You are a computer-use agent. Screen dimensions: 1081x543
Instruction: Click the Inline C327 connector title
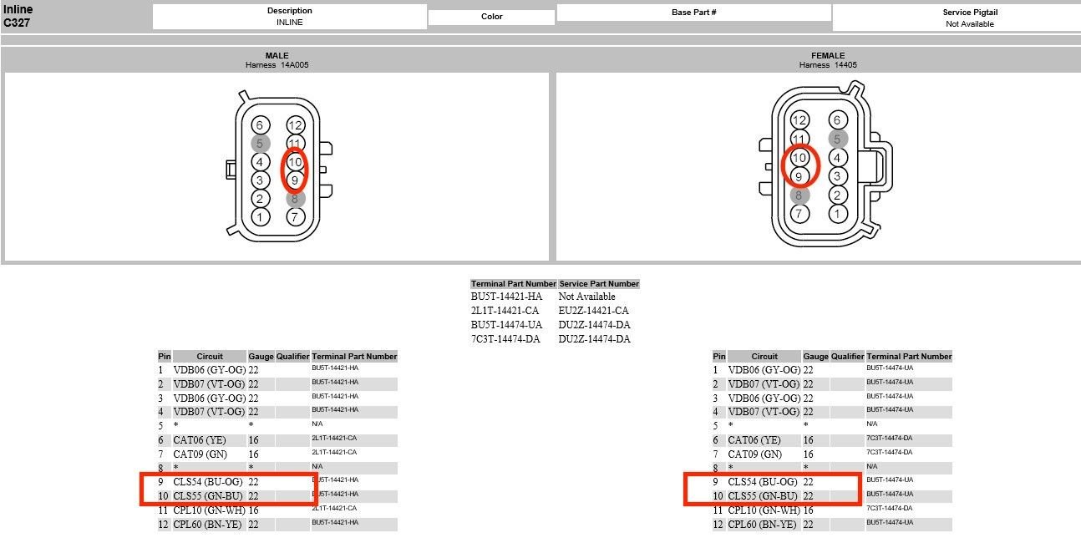coord(18,16)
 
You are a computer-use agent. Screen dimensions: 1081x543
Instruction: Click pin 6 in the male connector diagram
coord(260,125)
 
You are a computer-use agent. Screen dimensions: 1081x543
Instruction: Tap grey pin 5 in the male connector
coord(260,144)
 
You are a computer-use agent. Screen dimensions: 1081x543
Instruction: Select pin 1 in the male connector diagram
coord(260,216)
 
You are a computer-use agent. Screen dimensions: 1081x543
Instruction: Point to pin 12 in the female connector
coord(799,120)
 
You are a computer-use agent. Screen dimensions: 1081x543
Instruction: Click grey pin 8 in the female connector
coord(799,195)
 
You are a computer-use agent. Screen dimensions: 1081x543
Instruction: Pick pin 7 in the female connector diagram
coord(799,213)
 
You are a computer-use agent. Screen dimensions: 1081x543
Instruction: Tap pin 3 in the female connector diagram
coord(837,176)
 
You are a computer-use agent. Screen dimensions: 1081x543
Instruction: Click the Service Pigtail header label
coord(970,13)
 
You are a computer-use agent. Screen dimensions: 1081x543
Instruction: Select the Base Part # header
coord(694,13)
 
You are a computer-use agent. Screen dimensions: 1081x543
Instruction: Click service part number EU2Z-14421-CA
coord(594,311)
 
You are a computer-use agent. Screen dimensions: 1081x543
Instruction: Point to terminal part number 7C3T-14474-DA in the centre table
coord(505,339)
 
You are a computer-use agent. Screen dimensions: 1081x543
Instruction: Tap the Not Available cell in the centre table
coord(586,297)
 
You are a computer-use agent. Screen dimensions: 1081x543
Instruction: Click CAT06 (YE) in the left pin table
coord(200,440)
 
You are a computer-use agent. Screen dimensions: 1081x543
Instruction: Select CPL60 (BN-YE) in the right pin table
coord(762,524)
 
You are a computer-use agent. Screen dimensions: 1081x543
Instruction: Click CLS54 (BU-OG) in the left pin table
coord(207,482)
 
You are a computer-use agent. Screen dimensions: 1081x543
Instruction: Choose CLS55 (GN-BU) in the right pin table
coord(763,495)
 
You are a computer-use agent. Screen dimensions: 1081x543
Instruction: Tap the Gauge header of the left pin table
coord(261,357)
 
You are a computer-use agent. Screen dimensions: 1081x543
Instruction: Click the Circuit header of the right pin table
coord(764,357)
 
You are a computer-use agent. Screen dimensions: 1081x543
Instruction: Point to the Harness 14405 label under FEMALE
coord(828,65)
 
